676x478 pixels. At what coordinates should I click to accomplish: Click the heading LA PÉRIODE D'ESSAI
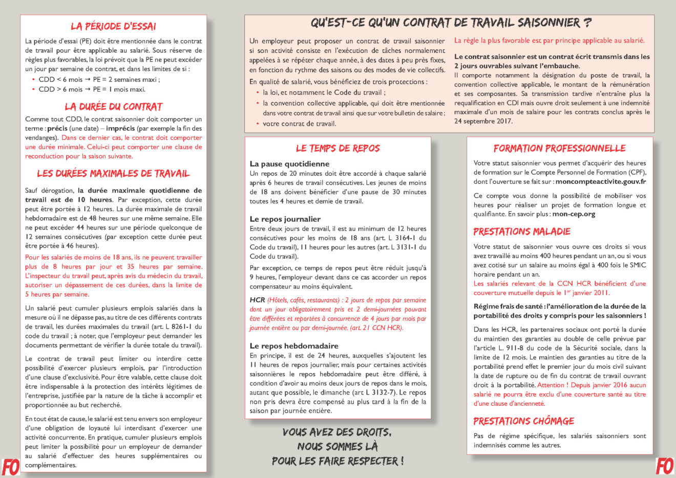pos(113,26)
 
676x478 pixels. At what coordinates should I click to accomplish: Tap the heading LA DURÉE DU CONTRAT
pos(113,107)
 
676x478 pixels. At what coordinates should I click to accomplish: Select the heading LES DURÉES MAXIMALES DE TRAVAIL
pos(113,174)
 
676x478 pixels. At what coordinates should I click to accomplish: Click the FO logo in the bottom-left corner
pos(10,467)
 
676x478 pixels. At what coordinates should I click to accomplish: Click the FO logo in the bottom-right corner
pos(665,466)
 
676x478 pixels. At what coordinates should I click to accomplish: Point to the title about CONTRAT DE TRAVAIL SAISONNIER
pos(451,23)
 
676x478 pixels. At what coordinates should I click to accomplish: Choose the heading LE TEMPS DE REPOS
pos(338,149)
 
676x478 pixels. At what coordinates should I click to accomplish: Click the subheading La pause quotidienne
pos(289,164)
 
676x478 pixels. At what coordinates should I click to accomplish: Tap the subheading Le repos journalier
pos(285,219)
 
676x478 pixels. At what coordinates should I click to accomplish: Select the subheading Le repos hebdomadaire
pos(294,346)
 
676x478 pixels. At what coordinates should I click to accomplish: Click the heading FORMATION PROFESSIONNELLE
pos(559,149)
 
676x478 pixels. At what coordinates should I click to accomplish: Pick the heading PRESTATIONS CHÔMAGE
pos(523,421)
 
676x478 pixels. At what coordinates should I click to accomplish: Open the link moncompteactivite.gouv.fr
pos(601,181)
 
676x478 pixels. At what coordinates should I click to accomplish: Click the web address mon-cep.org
pos(574,214)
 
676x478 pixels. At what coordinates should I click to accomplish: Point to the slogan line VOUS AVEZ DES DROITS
pos(337,432)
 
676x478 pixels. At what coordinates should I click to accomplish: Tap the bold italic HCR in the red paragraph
pos(257,300)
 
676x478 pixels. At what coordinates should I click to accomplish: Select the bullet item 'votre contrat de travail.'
pos(300,123)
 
